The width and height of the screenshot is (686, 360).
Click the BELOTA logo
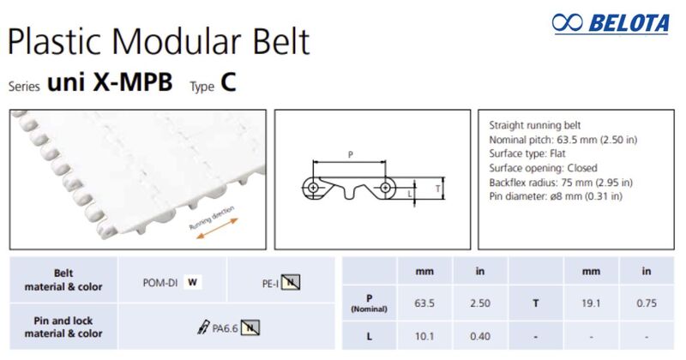(611, 23)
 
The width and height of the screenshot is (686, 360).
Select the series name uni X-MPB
(110, 82)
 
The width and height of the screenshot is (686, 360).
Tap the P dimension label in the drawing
(350, 154)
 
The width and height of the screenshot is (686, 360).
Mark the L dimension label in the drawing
(410, 194)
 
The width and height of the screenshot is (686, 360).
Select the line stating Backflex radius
(560, 182)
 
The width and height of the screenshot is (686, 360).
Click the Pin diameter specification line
(555, 196)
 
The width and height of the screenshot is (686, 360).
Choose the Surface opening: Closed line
(543, 168)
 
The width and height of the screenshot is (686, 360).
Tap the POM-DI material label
(158, 281)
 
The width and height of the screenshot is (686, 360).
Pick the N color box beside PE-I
(292, 281)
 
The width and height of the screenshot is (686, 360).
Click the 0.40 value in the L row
(480, 335)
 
